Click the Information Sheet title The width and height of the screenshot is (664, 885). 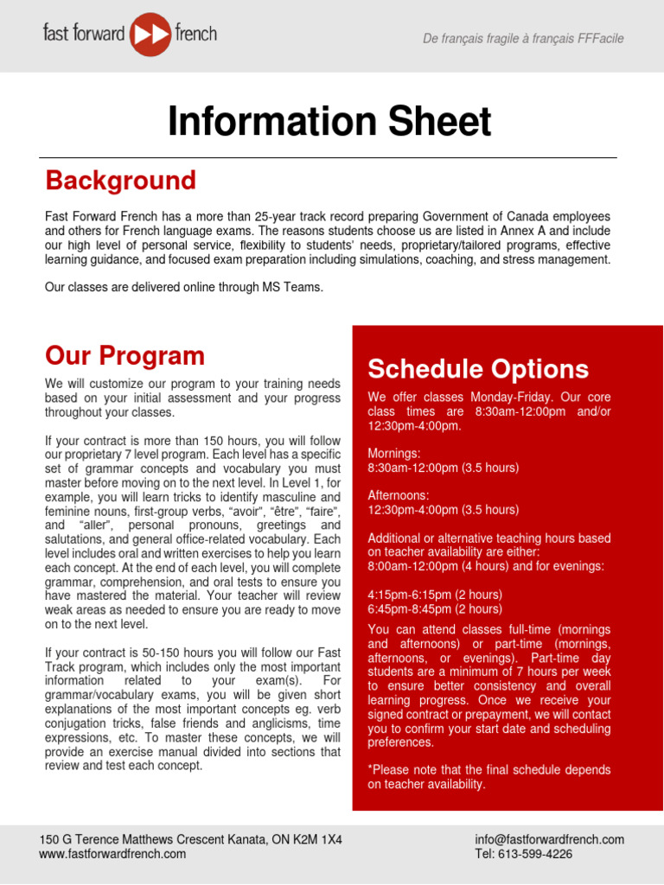[x=329, y=122]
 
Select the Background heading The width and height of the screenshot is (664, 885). [x=120, y=181]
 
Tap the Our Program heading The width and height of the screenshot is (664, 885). [x=124, y=356]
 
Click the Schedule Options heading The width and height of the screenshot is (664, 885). [x=478, y=369]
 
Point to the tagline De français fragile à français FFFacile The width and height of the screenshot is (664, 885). [x=522, y=39]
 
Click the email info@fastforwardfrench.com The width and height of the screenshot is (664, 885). [x=549, y=839]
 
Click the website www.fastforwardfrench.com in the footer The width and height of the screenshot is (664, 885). [x=112, y=854]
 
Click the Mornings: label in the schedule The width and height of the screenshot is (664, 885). [x=394, y=454]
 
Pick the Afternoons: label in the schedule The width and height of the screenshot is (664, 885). [x=399, y=496]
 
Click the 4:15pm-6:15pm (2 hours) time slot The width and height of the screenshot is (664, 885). [x=434, y=595]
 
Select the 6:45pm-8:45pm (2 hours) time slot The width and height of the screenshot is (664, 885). [x=434, y=608]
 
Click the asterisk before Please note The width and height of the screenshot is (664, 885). [x=370, y=769]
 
